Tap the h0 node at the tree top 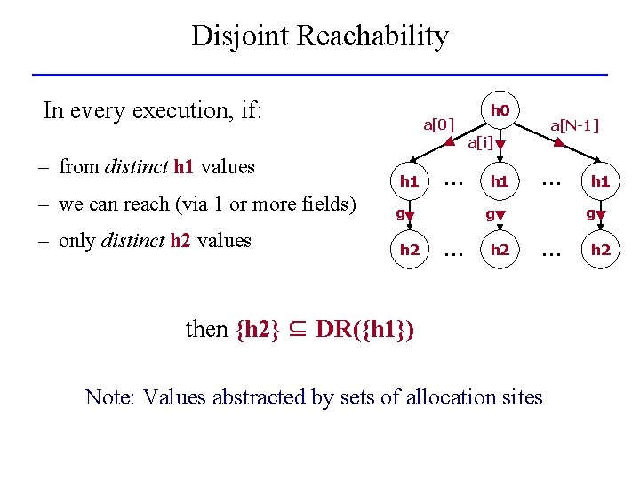(500, 110)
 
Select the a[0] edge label (438, 124)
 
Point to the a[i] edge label (480, 141)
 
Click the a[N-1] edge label (575, 125)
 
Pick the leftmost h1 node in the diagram (409, 181)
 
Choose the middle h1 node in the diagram (500, 181)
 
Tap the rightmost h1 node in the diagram (600, 181)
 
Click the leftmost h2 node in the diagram (409, 250)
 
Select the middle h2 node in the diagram (500, 250)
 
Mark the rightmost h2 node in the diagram (600, 250)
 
